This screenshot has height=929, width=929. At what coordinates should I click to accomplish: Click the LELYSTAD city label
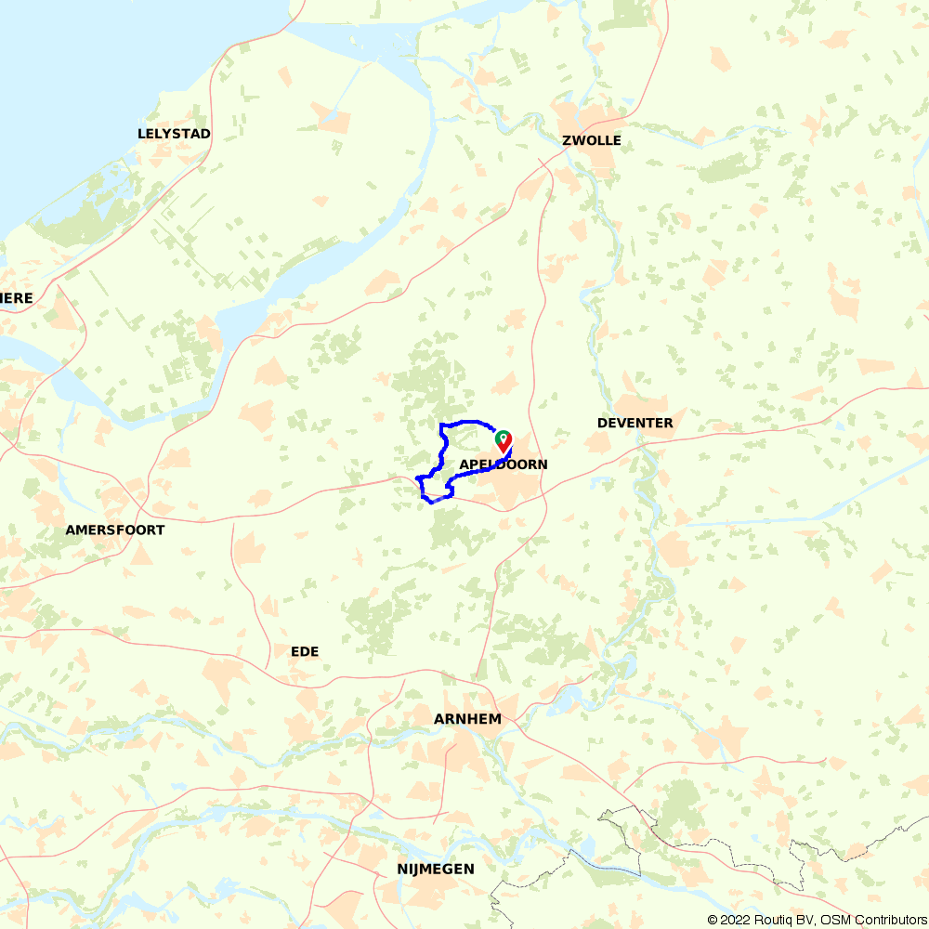click(x=174, y=134)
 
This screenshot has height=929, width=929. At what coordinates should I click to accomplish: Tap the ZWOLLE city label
click(x=591, y=141)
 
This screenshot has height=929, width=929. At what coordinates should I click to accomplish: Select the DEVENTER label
click(x=635, y=424)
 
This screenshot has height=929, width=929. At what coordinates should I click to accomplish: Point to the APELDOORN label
click(x=504, y=464)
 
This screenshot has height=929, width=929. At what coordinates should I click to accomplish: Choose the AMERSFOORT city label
click(x=115, y=530)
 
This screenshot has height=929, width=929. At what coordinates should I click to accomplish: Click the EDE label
click(x=305, y=652)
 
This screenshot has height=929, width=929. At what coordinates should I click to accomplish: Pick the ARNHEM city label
click(x=467, y=719)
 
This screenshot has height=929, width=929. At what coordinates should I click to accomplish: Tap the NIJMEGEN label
click(x=435, y=870)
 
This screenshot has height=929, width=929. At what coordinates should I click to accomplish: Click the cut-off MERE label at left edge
click(x=17, y=298)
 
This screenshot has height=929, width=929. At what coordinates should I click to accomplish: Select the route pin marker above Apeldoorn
click(x=503, y=439)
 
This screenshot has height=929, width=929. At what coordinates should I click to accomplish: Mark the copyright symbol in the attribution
click(x=713, y=920)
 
